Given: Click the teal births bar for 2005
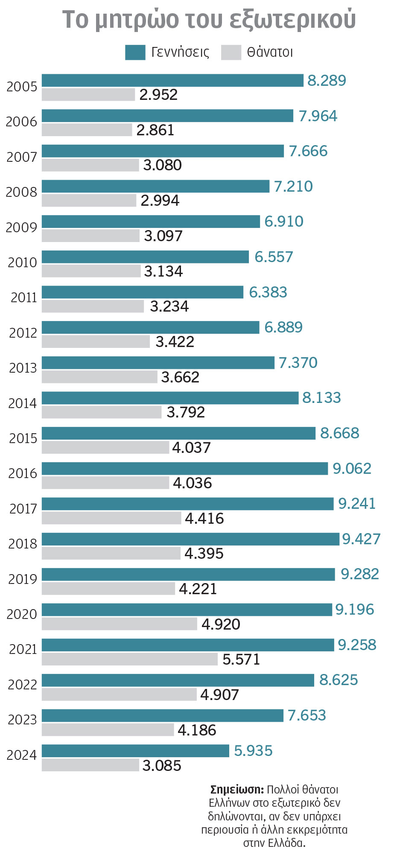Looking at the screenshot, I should point(172,80).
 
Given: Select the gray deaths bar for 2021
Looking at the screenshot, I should point(130,659).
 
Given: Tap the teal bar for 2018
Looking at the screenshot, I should point(190,539).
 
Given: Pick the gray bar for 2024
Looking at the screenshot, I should point(90,764).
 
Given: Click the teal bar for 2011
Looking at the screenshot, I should point(143,292).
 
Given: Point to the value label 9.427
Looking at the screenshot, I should point(361,539).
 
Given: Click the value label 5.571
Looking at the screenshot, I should point(241,659).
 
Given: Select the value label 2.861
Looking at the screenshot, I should point(155,130).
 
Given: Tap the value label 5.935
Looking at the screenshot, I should point(253,750).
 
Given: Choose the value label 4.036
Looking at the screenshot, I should point(192,483).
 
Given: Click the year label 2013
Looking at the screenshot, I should point(23,368).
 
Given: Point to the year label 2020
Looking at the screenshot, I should point(22,614).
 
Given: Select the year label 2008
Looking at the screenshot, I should point(22,192).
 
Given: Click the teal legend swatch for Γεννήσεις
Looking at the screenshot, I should point(135,52).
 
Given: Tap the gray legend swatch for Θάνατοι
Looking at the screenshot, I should point(231,52).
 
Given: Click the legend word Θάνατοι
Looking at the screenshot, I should point(270,52).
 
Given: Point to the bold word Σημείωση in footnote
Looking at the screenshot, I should point(237,789).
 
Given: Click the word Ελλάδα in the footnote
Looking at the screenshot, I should point(287,843).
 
